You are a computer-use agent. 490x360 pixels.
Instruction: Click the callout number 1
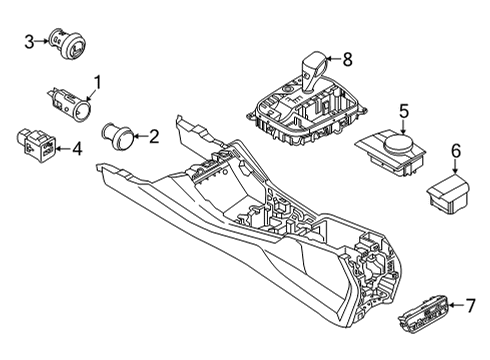[98, 83]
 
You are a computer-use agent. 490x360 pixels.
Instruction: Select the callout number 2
[153, 136]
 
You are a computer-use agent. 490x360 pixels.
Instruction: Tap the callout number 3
[29, 41]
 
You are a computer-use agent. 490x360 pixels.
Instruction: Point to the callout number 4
[76, 150]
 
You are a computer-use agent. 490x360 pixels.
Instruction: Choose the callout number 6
[456, 150]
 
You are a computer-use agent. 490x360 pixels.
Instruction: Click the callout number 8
[348, 59]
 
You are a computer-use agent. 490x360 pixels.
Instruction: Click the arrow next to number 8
[335, 59]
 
